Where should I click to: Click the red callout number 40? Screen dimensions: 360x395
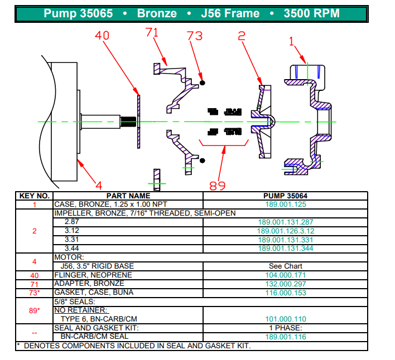(102, 36)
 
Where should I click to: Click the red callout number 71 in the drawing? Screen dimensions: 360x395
(152, 33)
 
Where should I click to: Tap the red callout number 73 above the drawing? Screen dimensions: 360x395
(194, 36)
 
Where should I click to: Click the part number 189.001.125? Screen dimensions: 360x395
(285, 204)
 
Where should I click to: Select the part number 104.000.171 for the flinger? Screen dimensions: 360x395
(285, 275)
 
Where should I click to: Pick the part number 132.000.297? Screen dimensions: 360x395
(285, 284)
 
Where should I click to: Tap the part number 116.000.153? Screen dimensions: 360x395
(285, 292)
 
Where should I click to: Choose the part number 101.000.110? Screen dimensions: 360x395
(285, 319)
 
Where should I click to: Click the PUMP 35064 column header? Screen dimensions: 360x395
(285, 196)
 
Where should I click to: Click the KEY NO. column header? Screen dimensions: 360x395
(35, 196)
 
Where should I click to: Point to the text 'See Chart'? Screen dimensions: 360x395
(285, 266)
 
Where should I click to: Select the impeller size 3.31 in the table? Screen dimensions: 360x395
(72, 240)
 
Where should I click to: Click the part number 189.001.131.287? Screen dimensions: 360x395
(285, 222)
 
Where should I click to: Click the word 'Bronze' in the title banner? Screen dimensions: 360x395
(157, 13)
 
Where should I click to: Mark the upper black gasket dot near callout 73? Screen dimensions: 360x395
(203, 82)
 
